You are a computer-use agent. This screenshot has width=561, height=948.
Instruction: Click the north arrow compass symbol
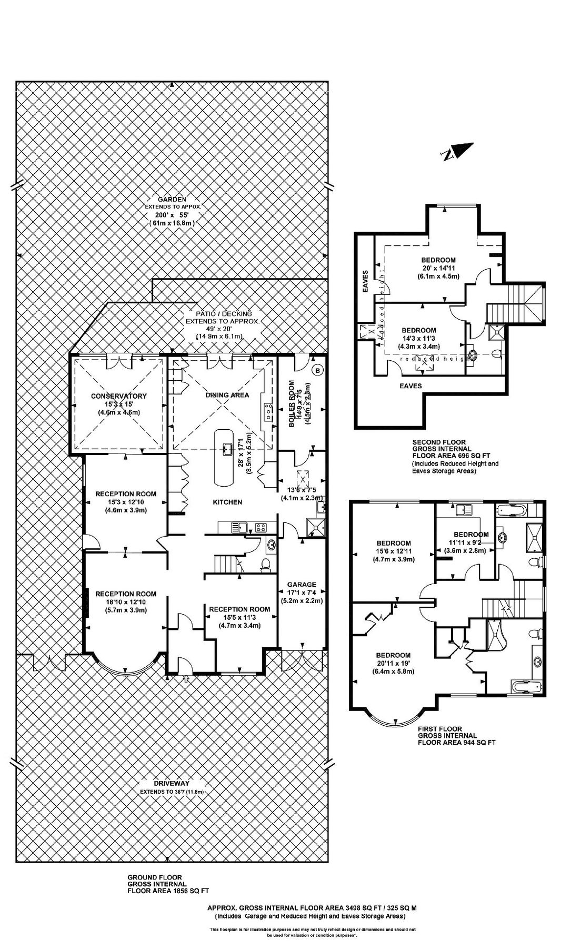pyautogui.click(x=457, y=152)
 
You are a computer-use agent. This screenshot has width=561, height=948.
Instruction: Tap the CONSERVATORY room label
pyautogui.click(x=118, y=396)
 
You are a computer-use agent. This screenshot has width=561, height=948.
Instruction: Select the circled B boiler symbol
pyautogui.click(x=317, y=370)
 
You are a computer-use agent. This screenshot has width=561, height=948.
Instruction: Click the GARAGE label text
pyautogui.click(x=302, y=584)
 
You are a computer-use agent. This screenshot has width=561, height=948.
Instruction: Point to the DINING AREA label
pyautogui.click(x=227, y=394)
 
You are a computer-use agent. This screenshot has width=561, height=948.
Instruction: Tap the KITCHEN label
pyautogui.click(x=227, y=502)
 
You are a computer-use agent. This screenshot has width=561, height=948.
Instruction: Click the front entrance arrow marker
pyautogui.click(x=185, y=679)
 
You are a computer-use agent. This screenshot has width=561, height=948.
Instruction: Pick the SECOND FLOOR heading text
pyautogui.click(x=439, y=442)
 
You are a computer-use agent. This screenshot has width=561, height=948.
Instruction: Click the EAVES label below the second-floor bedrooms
pyautogui.click(x=410, y=386)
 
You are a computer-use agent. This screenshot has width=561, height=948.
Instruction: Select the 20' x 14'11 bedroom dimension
pyautogui.click(x=438, y=268)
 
